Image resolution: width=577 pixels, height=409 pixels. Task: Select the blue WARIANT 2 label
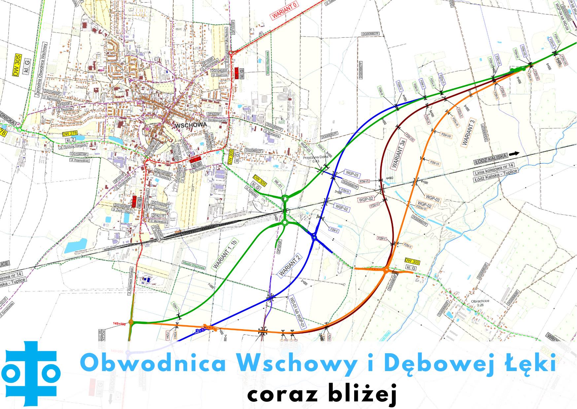[290, 266]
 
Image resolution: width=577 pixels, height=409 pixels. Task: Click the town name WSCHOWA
[191, 125]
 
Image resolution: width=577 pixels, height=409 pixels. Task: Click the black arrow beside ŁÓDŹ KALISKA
[514, 154]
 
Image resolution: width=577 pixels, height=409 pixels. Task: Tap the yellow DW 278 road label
[69, 134]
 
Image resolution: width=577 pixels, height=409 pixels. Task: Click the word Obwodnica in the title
[153, 364]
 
